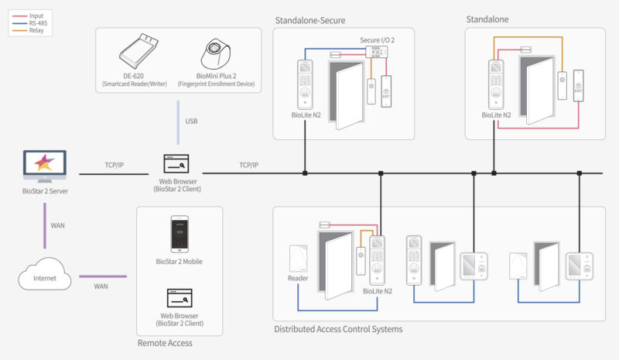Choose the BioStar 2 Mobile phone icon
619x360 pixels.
[180, 235]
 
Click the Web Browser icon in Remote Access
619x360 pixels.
[180, 298]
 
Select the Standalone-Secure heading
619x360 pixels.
[309, 19]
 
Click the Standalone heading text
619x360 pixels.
[487, 18]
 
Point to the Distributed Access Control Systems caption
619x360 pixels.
[338, 329]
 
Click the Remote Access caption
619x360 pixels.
[165, 342]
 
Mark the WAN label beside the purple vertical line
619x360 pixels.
[58, 225]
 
